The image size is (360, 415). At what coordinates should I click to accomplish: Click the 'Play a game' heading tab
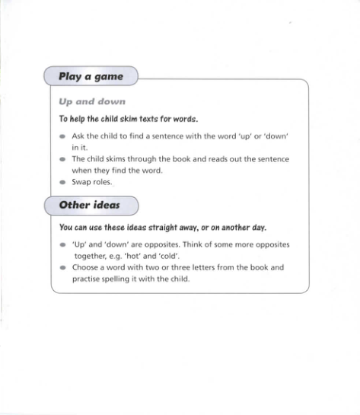[x=91, y=77]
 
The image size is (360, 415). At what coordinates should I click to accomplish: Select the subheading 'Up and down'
[x=92, y=101]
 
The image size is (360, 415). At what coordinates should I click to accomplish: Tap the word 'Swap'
[x=81, y=183]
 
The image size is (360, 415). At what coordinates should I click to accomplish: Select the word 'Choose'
[x=86, y=268]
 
